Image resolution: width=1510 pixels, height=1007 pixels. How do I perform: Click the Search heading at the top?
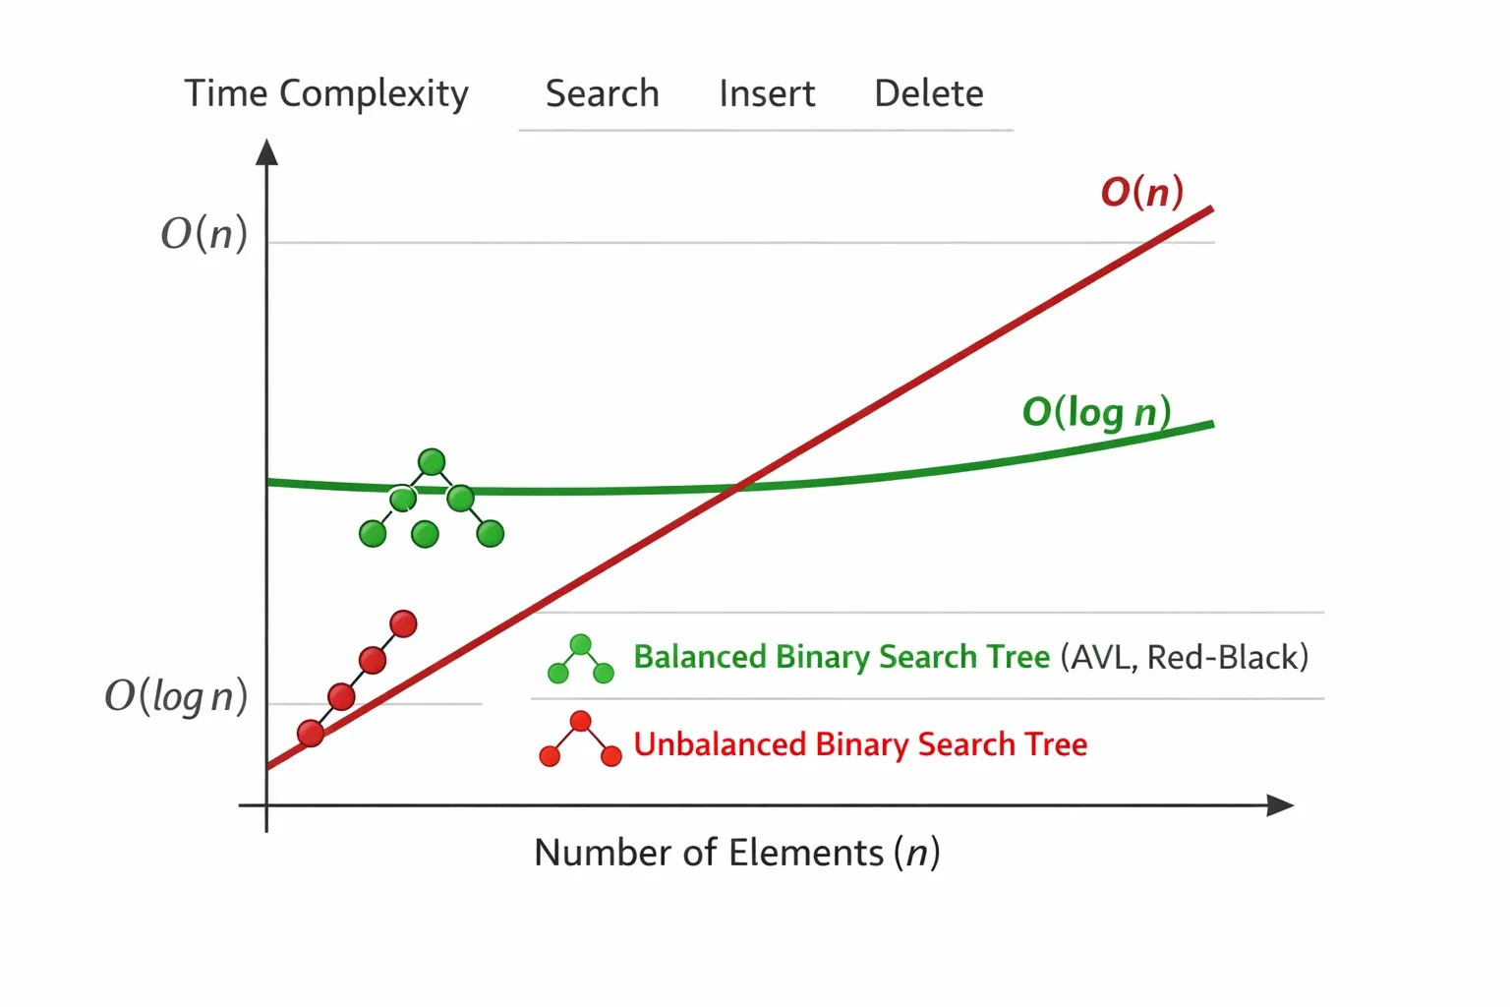pyautogui.click(x=602, y=93)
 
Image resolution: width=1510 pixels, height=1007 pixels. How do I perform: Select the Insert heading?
pyautogui.click(x=767, y=93)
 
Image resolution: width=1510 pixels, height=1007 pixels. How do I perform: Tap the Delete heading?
pyautogui.click(x=929, y=93)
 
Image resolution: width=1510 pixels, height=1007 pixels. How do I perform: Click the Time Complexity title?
pyautogui.click(x=326, y=94)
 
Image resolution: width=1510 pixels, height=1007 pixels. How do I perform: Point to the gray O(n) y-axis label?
pyautogui.click(x=204, y=234)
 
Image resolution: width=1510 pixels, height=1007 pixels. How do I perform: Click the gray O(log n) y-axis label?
pyautogui.click(x=176, y=695)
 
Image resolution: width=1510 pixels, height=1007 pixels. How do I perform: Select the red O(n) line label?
pyautogui.click(x=1142, y=192)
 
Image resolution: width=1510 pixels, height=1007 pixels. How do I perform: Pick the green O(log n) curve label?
pyautogui.click(x=1097, y=412)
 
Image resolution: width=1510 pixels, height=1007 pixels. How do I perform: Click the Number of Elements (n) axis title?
pyautogui.click(x=736, y=853)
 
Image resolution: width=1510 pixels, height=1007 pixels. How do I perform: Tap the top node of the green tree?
pyautogui.click(x=432, y=462)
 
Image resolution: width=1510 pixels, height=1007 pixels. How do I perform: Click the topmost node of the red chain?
pyautogui.click(x=403, y=623)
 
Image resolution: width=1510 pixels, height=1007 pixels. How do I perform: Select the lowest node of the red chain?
pyautogui.click(x=311, y=734)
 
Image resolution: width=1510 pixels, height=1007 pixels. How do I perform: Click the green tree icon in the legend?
pyautogui.click(x=580, y=659)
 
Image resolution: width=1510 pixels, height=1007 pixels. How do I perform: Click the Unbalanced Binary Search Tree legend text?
pyautogui.click(x=860, y=744)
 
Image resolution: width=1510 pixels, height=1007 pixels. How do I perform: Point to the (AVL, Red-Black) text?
pyautogui.click(x=1185, y=657)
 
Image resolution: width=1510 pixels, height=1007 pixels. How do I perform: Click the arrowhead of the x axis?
pyautogui.click(x=1280, y=805)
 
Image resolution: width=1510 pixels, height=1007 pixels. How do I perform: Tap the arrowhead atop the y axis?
pyautogui.click(x=267, y=151)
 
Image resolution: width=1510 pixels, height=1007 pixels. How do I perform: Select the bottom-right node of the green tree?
pyautogui.click(x=491, y=534)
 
